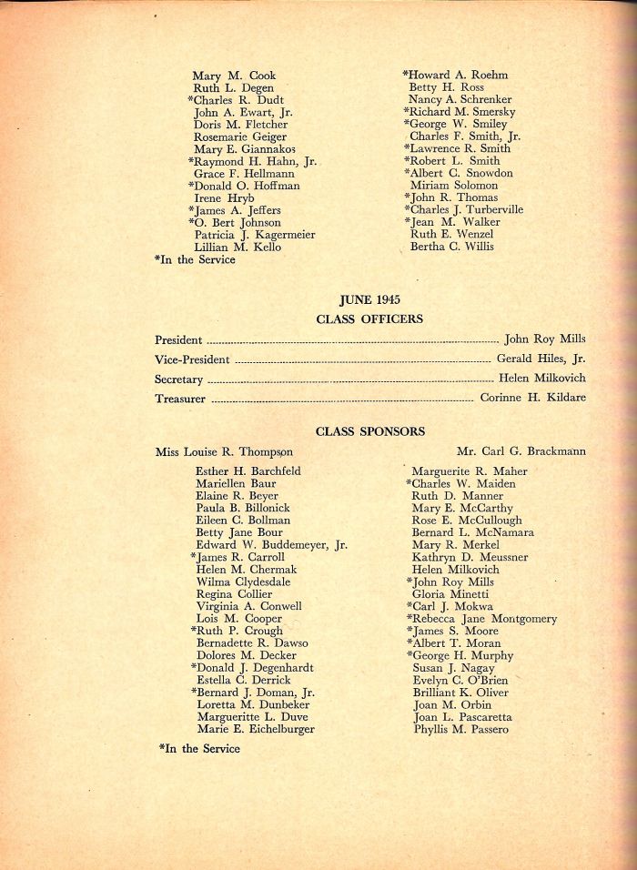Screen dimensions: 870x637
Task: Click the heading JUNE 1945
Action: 369,298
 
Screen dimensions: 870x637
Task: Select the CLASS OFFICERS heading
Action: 369,319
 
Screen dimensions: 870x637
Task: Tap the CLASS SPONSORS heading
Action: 369,430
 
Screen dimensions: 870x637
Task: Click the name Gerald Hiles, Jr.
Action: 541,359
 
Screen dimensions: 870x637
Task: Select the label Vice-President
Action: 192,360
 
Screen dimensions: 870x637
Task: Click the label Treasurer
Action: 180,399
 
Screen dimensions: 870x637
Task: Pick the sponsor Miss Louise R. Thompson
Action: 224,451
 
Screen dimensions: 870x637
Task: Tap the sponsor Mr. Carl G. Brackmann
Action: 521,450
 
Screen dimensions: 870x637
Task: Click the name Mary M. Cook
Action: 234,76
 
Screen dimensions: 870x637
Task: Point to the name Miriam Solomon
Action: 453,186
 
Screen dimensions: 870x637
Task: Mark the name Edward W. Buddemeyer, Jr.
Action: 271,545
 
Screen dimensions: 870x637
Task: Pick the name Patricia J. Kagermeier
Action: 255,235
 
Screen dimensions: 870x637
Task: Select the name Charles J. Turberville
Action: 464,210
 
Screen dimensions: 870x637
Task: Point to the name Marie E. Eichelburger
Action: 256,729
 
